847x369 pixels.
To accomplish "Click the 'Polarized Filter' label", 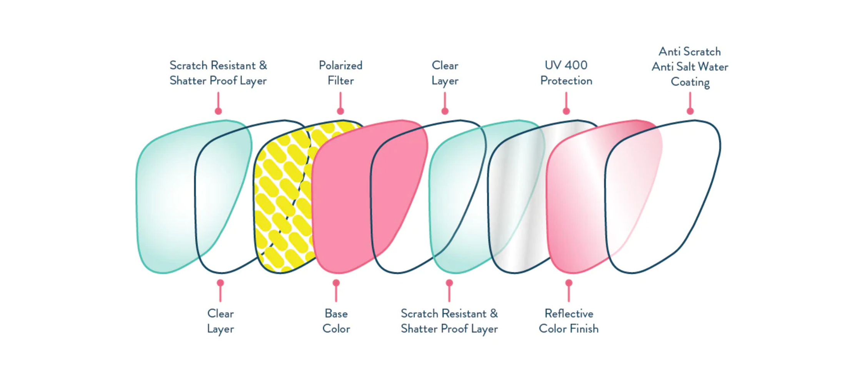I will click(340, 73).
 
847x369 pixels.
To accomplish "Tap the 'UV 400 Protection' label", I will click(566, 73).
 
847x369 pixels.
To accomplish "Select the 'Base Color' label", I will click(336, 321).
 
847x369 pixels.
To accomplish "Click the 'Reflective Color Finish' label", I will click(569, 321).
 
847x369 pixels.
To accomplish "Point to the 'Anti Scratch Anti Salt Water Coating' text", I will click(690, 67).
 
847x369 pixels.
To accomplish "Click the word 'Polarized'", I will click(340, 65).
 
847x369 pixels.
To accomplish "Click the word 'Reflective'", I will click(569, 314).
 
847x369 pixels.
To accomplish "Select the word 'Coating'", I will click(690, 82).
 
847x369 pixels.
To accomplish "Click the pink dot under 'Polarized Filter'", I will click(340, 111).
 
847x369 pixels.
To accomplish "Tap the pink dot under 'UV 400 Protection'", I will click(566, 111).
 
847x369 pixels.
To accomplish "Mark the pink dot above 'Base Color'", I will click(336, 283).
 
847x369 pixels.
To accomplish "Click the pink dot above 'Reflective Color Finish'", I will click(569, 283).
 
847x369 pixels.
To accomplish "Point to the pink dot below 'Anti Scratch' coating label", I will click(690, 111).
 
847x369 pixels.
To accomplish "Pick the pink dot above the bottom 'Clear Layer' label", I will click(220, 283).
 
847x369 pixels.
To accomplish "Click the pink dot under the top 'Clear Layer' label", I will click(445, 111).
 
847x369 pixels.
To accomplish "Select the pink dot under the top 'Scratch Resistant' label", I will click(218, 111).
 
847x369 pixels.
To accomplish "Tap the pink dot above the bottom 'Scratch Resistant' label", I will click(449, 283).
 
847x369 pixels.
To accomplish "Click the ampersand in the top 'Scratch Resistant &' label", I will click(263, 65).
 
